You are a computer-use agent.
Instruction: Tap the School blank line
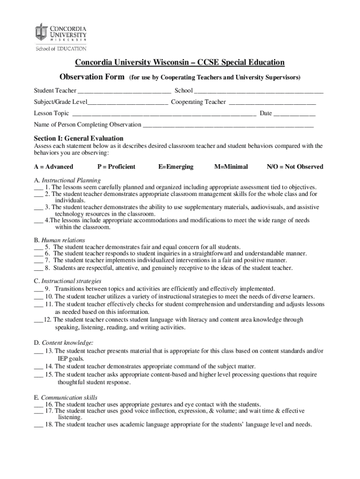(259, 91)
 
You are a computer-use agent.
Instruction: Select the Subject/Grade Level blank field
(128, 102)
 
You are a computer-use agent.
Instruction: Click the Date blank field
(295, 114)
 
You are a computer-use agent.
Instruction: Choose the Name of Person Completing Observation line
(228, 125)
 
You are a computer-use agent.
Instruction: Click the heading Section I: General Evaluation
(79, 138)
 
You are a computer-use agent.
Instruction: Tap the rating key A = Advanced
(53, 167)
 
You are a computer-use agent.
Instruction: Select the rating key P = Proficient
(116, 167)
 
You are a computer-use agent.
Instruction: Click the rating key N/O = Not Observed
(295, 167)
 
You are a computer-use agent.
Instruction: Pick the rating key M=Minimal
(231, 167)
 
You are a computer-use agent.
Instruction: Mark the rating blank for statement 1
(38, 187)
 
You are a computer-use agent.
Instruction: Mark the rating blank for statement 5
(38, 247)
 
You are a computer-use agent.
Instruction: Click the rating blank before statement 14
(38, 367)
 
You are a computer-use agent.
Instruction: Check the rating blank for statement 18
(38, 425)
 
